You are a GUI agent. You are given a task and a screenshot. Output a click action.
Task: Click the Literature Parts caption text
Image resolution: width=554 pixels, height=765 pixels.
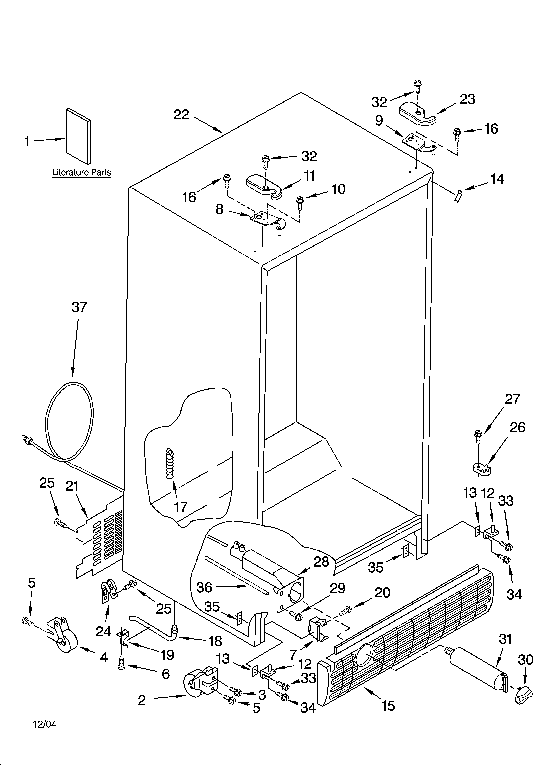(x=81, y=172)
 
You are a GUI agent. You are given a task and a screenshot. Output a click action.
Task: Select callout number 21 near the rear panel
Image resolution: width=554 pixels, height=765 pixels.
(x=72, y=486)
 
